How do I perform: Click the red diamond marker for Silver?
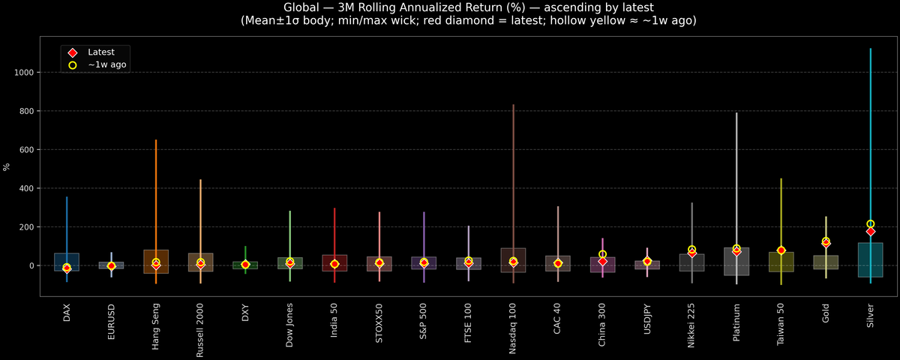[871, 232]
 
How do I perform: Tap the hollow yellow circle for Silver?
[871, 223]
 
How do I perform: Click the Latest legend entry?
[100, 52]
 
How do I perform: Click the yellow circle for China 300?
[602, 255]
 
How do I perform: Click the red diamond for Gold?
[826, 243]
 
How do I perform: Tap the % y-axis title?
[7, 166]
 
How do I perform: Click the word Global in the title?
[301, 8]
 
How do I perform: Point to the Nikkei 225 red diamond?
[691, 253]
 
